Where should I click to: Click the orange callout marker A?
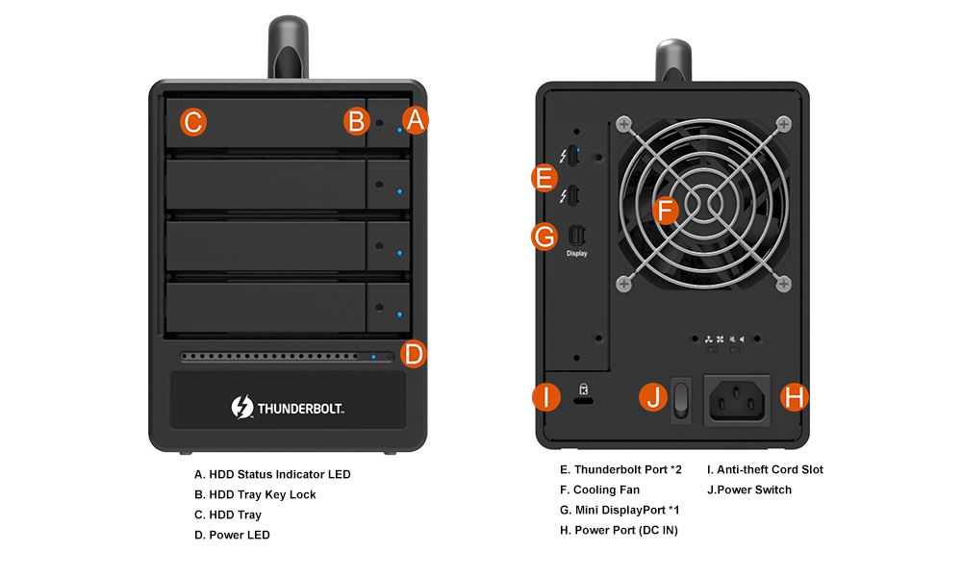[x=415, y=120]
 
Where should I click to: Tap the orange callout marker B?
[x=357, y=121]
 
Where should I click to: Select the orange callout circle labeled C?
[x=192, y=121]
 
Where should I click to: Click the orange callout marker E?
[x=544, y=178]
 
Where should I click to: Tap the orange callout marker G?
[x=544, y=236]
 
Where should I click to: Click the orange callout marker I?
[x=546, y=396]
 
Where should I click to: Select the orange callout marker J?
[x=654, y=396]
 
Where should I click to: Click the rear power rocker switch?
[x=682, y=398]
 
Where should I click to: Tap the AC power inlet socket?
[x=738, y=398]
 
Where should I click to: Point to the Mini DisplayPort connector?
[x=576, y=236]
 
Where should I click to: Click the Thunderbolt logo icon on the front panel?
[x=241, y=407]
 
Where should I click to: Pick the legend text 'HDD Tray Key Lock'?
[x=255, y=494]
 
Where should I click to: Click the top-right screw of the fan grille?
[x=783, y=124]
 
